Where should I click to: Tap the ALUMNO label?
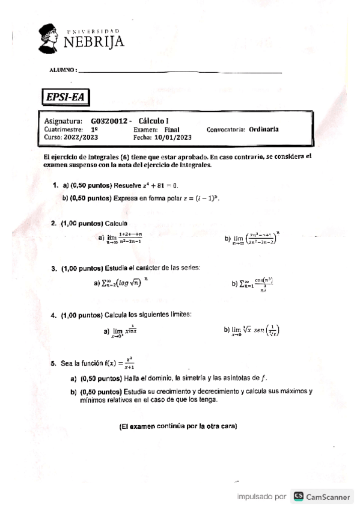pyautogui.click(x=63, y=70)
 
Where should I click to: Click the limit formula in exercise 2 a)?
pyautogui.click(x=124, y=238)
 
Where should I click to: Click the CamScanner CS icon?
pyautogui.click(x=298, y=497)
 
